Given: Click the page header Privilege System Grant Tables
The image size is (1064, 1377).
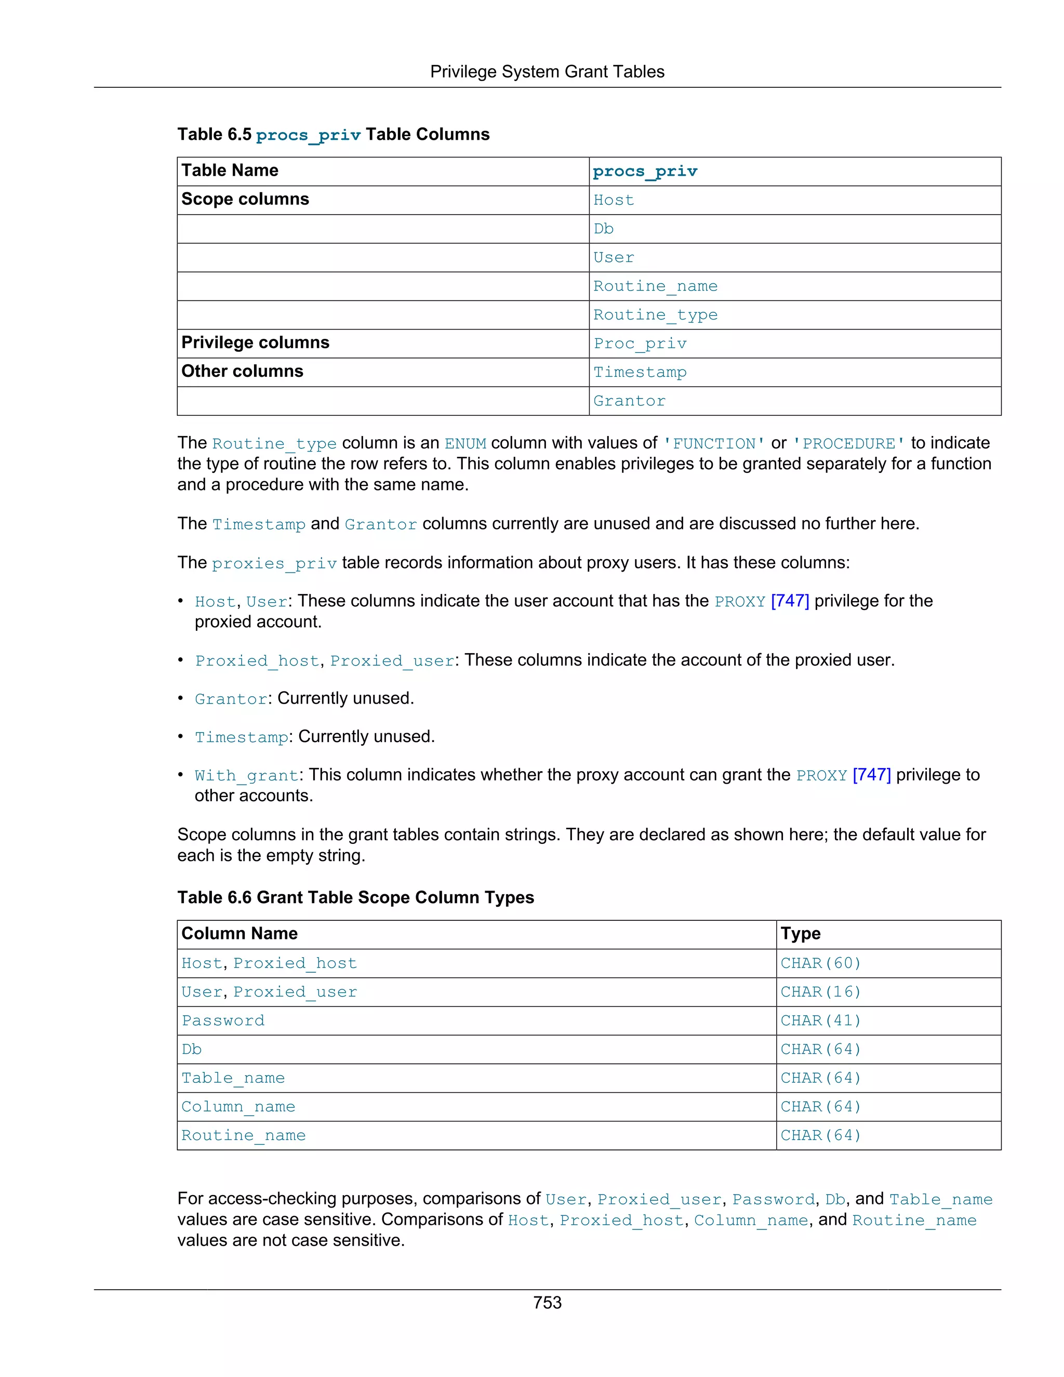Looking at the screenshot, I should pyautogui.click(x=547, y=72).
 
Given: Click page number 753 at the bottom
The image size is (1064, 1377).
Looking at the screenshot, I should pyautogui.click(x=547, y=1302).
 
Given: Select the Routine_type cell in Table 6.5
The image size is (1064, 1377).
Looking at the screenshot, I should pyautogui.click(x=655, y=314).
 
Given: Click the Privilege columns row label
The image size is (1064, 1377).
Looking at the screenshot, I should pyautogui.click(x=255, y=342).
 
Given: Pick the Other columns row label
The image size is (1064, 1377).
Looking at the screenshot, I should pyautogui.click(x=242, y=372).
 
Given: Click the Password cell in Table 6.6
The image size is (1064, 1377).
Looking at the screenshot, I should pyautogui.click(x=223, y=1021).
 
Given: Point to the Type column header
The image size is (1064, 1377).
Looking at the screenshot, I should pyautogui.click(x=800, y=934).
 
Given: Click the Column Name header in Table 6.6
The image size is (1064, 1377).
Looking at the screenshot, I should pyautogui.click(x=240, y=934).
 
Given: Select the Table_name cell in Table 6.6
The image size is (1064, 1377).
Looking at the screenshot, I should pyautogui.click(x=233, y=1078).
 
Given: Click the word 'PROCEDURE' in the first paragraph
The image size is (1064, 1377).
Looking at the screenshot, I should pyautogui.click(x=848, y=444).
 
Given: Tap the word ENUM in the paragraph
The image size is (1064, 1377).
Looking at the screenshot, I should pyautogui.click(x=465, y=444).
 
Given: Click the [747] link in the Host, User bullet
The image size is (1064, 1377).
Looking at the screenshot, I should pyautogui.click(x=790, y=601).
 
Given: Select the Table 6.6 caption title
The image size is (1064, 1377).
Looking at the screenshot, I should pyautogui.click(x=355, y=897).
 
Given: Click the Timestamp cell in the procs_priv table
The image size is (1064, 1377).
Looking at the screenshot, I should pyautogui.click(x=640, y=372).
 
